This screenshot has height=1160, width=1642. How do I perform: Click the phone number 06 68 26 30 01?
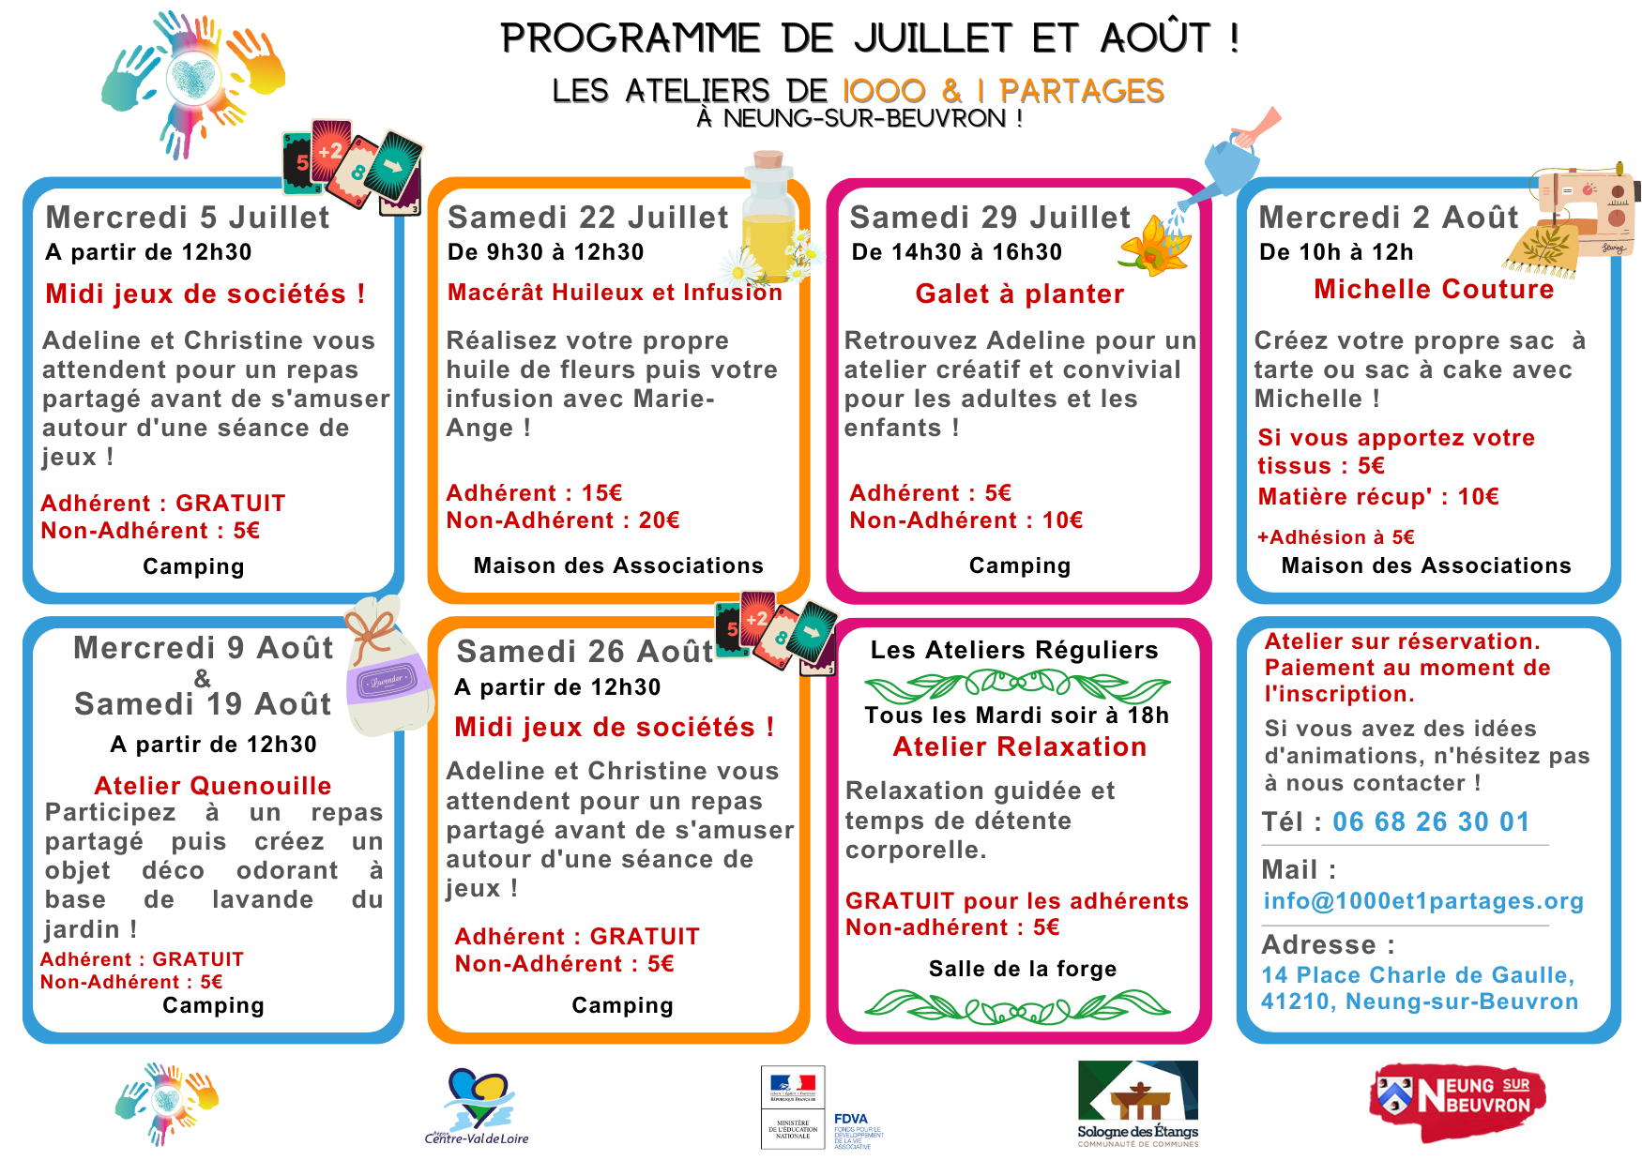pyautogui.click(x=1431, y=822)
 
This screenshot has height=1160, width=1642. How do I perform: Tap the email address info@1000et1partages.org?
pyautogui.click(x=1423, y=901)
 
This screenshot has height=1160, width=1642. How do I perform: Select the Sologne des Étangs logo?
pyautogui.click(x=1137, y=1103)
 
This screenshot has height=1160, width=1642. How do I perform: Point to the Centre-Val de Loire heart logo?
pyautogui.click(x=477, y=1107)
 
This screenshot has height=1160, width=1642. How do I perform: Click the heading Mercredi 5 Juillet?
pyautogui.click(x=188, y=218)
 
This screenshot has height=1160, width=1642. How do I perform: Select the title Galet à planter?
pyautogui.click(x=1019, y=294)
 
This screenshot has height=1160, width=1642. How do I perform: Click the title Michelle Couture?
pyautogui.click(x=1433, y=290)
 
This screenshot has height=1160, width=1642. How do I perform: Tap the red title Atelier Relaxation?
pyautogui.click(x=1019, y=747)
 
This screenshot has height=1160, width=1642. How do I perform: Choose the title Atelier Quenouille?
pyautogui.click(x=213, y=786)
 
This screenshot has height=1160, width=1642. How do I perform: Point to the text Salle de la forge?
pyautogui.click(x=1023, y=969)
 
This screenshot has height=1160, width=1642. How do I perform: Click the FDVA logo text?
pyautogui.click(x=851, y=1119)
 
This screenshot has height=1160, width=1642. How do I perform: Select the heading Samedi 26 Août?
pyautogui.click(x=585, y=652)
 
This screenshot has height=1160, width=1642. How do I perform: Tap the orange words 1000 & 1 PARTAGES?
pyautogui.click(x=1003, y=91)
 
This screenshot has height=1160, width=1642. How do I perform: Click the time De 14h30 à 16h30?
pyautogui.click(x=956, y=252)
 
